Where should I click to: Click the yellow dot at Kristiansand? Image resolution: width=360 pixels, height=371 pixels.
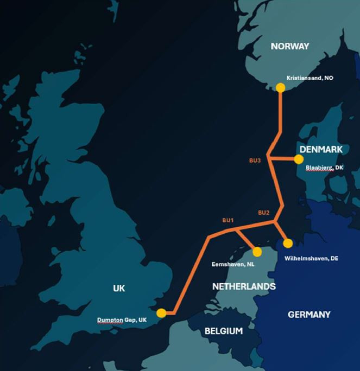click(280, 87)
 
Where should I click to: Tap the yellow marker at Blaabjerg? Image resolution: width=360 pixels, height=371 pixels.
click(298, 159)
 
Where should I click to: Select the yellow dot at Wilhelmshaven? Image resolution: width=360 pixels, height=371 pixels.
click(288, 243)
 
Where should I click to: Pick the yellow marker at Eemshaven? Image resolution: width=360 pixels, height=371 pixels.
click(257, 252)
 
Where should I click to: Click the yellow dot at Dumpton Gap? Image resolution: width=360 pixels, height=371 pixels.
click(161, 313)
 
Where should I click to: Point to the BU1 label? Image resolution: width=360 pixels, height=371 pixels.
click(228, 220)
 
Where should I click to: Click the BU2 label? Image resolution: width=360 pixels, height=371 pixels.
click(263, 212)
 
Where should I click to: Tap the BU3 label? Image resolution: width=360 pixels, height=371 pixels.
click(255, 161)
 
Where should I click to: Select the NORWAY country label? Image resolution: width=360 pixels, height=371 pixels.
click(290, 46)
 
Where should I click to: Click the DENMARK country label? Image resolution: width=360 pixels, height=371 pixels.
click(320, 149)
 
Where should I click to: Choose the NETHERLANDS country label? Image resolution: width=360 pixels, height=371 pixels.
click(244, 286)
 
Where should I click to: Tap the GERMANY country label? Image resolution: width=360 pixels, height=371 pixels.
click(309, 314)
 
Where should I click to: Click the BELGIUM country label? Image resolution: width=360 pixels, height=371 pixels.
click(224, 331)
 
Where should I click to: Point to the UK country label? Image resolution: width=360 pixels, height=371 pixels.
click(119, 288)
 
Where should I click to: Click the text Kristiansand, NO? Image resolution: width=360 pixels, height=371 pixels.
click(310, 78)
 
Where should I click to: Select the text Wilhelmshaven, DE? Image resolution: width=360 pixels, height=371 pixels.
click(311, 259)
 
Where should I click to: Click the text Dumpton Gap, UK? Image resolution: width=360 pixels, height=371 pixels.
click(122, 320)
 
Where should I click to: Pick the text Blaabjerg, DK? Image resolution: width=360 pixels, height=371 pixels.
click(324, 168)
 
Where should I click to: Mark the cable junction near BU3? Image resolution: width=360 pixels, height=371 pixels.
click(269, 159)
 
